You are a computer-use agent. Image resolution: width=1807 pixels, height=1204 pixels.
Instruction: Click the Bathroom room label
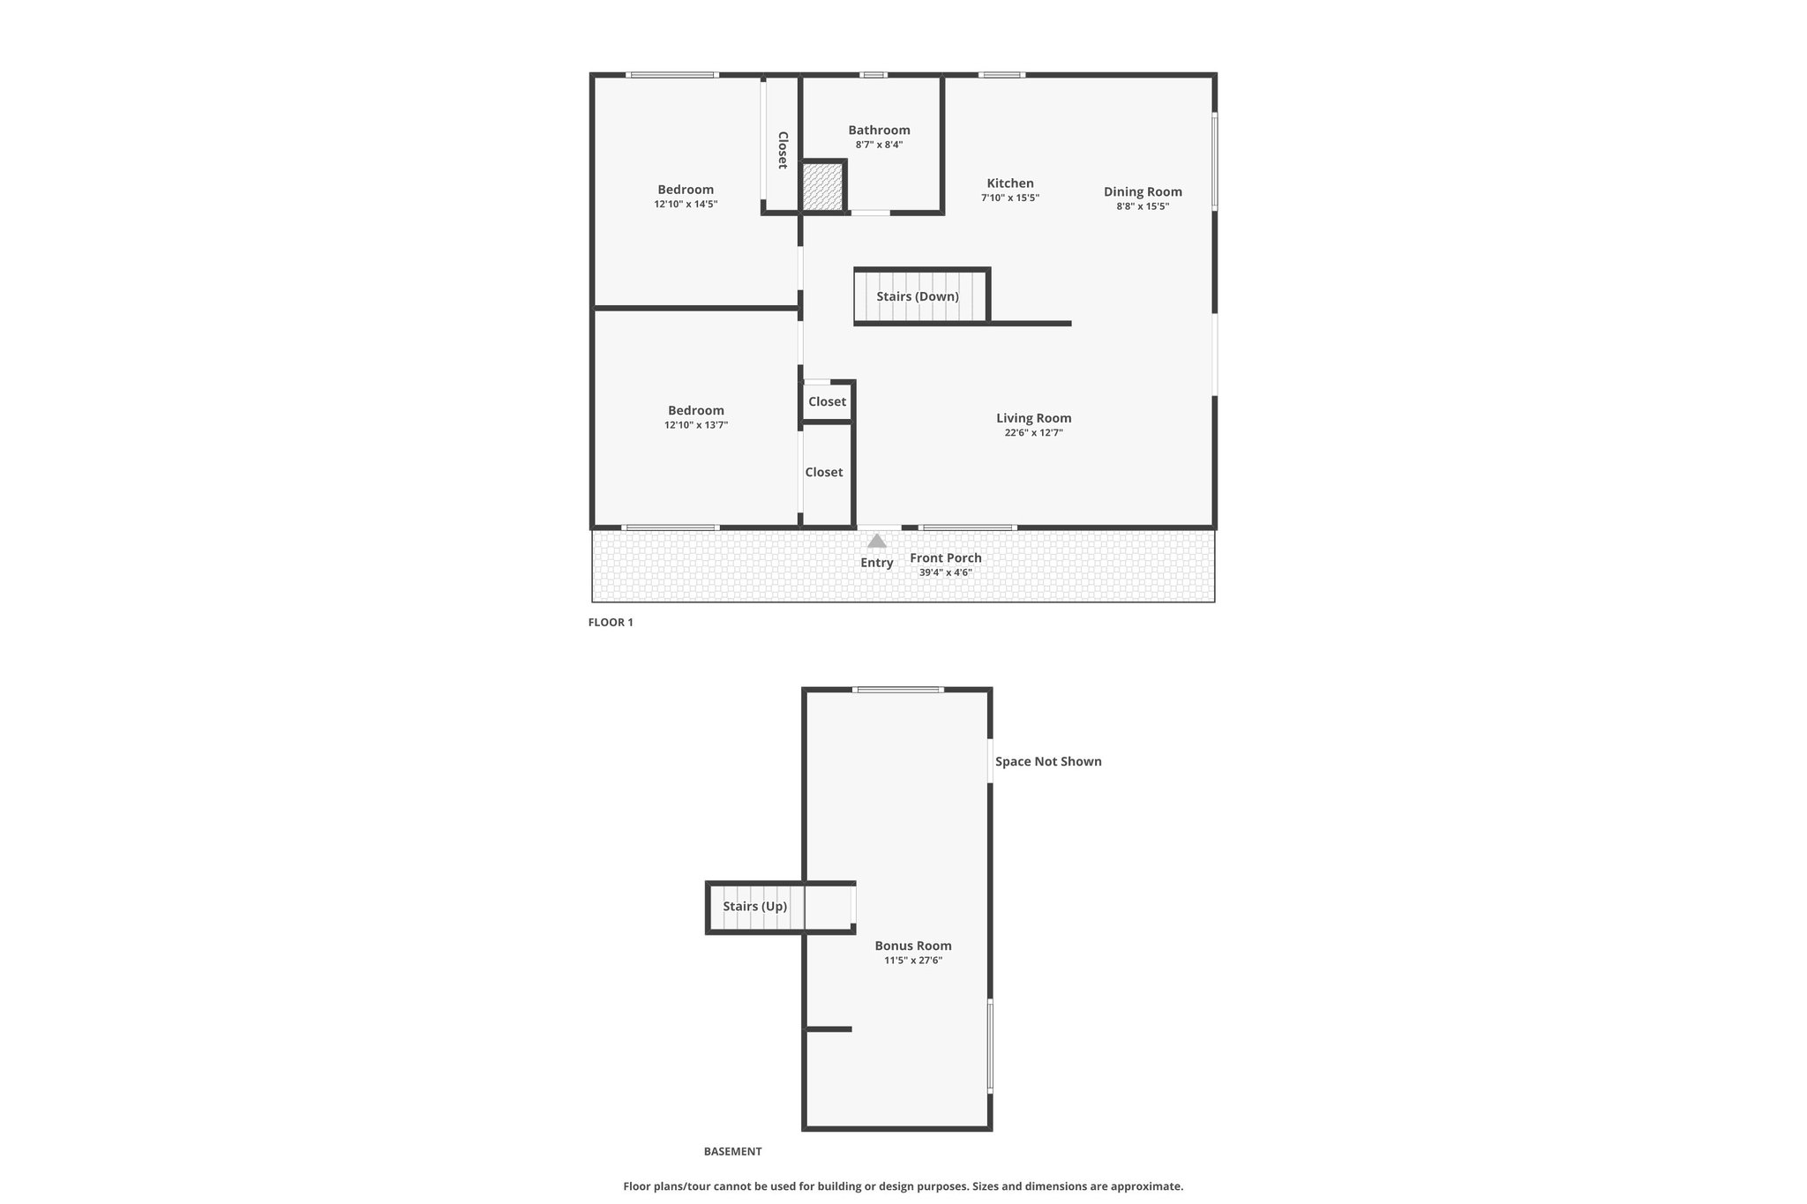click(879, 131)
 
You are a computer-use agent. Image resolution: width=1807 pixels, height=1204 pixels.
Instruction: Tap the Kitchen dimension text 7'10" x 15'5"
click(1010, 198)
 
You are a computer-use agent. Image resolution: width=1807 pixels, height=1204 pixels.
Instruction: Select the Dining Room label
click(1143, 192)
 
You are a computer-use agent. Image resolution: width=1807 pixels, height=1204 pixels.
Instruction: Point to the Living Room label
click(1033, 418)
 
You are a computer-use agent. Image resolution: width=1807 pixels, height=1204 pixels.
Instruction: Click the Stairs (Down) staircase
click(919, 296)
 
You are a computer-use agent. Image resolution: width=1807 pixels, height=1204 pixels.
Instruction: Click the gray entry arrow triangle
click(876, 541)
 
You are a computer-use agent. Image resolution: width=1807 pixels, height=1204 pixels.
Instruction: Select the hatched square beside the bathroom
click(823, 187)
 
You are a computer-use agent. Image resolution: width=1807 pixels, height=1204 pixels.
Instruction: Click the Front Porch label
click(946, 557)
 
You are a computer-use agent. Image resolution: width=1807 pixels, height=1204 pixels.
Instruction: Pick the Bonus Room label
click(913, 946)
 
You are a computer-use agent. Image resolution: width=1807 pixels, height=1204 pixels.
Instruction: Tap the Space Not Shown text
click(1048, 761)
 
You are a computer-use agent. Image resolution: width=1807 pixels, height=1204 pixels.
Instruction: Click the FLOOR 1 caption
click(611, 622)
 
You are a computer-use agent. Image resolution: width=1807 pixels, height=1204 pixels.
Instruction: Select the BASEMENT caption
click(732, 1151)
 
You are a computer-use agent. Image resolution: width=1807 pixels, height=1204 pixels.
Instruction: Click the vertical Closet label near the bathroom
click(783, 150)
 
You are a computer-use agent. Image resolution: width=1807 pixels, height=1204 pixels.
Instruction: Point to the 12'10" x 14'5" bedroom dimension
click(686, 204)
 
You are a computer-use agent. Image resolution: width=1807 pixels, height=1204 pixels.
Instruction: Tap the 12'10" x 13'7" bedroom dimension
click(696, 425)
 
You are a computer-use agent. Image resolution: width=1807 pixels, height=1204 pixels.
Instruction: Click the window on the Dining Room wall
click(1214, 161)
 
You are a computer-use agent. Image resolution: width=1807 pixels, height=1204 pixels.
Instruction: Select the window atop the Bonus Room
click(898, 689)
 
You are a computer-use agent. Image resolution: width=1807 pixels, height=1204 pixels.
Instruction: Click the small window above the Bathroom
click(874, 75)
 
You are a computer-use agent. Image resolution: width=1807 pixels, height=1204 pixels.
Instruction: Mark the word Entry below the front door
click(877, 563)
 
